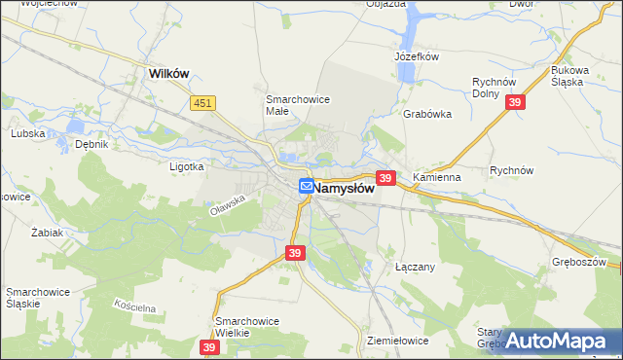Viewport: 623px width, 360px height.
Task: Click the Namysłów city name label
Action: pyautogui.click(x=345, y=189)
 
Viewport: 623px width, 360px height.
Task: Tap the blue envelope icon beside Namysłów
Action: pyautogui.click(x=306, y=186)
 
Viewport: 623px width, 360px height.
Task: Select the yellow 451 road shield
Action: pyautogui.click(x=202, y=102)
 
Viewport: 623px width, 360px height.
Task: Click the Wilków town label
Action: pyautogui.click(x=167, y=73)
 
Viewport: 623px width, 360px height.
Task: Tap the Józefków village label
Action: pyautogui.click(x=418, y=56)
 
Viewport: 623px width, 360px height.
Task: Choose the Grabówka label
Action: pyautogui.click(x=427, y=114)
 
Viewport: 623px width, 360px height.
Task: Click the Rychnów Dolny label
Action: pyautogui.click(x=492, y=89)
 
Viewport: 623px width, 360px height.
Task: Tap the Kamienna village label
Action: pyautogui.click(x=436, y=179)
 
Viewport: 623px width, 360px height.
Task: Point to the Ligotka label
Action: pyautogui.click(x=186, y=166)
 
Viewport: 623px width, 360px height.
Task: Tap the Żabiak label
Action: pyautogui.click(x=47, y=234)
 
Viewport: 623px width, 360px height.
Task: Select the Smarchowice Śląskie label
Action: pyautogui.click(x=36, y=298)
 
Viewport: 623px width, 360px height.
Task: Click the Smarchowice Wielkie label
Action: pyautogui.click(x=246, y=327)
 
